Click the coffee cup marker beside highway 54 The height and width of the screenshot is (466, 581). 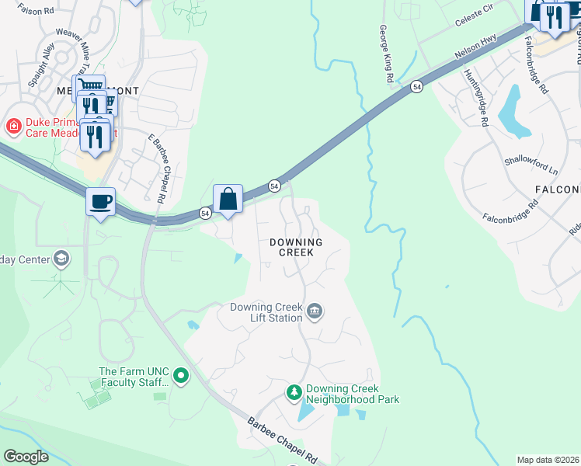(101, 202)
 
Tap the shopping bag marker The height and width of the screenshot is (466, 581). (228, 199)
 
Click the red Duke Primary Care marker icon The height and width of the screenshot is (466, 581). (13, 126)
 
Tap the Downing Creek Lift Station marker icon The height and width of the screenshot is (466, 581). (315, 312)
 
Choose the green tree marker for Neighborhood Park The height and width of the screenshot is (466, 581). (294, 393)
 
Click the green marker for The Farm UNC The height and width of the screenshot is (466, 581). (181, 377)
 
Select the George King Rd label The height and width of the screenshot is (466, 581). (384, 53)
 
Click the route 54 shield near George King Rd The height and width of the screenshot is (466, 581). (417, 88)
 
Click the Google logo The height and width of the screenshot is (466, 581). (26, 457)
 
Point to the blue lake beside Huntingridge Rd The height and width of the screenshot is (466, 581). (511, 109)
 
